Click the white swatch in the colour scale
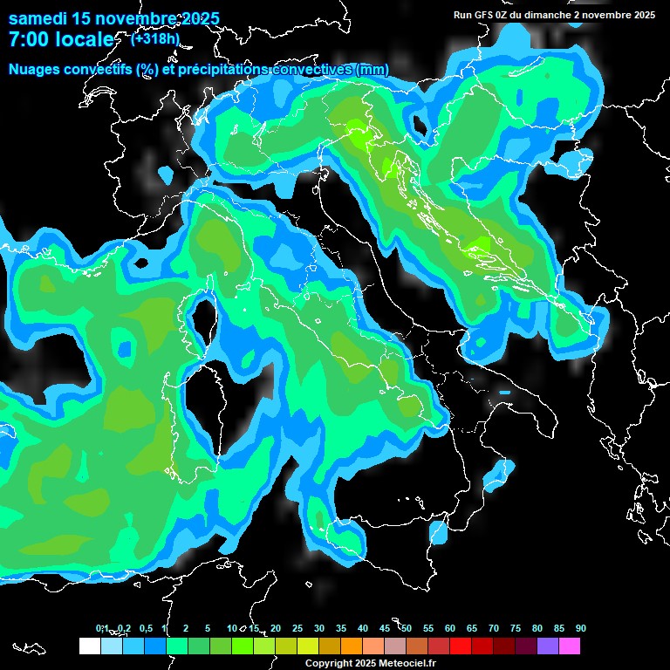(89, 646)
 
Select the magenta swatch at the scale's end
(570, 646)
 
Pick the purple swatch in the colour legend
(548, 646)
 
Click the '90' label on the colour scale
(581, 628)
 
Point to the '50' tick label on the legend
(407, 628)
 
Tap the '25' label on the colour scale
(297, 628)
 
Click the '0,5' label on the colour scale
(145, 628)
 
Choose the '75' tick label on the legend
(516, 628)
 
